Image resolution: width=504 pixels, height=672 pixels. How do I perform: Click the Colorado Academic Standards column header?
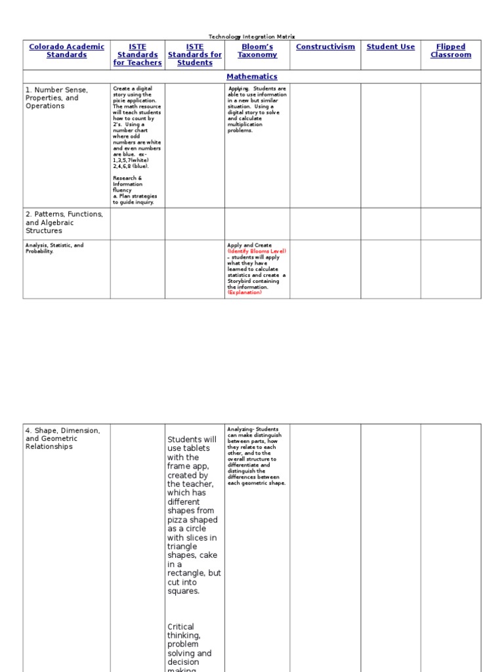[x=66, y=51]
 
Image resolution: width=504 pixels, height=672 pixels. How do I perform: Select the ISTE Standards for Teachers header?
[x=137, y=55]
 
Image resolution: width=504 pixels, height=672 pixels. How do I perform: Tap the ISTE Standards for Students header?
[x=195, y=55]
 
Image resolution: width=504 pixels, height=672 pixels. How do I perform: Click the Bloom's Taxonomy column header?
[x=257, y=51]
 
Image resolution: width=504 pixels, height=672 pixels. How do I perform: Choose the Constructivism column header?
[x=325, y=47]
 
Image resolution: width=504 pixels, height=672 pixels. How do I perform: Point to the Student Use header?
[x=390, y=47]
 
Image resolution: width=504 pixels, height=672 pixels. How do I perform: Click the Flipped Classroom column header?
[x=451, y=51]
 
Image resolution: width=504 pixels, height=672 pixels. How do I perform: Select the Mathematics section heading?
[x=252, y=77]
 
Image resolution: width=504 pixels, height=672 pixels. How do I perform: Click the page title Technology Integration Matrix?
[x=252, y=37]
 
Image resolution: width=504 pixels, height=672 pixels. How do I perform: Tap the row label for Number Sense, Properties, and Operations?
[x=56, y=98]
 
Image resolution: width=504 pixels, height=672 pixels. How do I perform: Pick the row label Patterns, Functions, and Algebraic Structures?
[x=64, y=222]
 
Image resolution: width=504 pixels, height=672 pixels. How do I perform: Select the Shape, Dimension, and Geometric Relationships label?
[x=63, y=438]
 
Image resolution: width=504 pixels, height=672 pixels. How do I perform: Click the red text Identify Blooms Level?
[x=257, y=251]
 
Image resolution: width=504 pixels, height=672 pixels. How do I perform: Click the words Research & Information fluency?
[x=127, y=184]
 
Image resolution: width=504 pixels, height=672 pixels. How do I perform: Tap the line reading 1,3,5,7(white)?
[x=131, y=160]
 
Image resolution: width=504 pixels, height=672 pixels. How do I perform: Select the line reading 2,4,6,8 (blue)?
[x=131, y=166]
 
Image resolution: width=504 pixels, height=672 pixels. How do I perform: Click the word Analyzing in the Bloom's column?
[x=239, y=429]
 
